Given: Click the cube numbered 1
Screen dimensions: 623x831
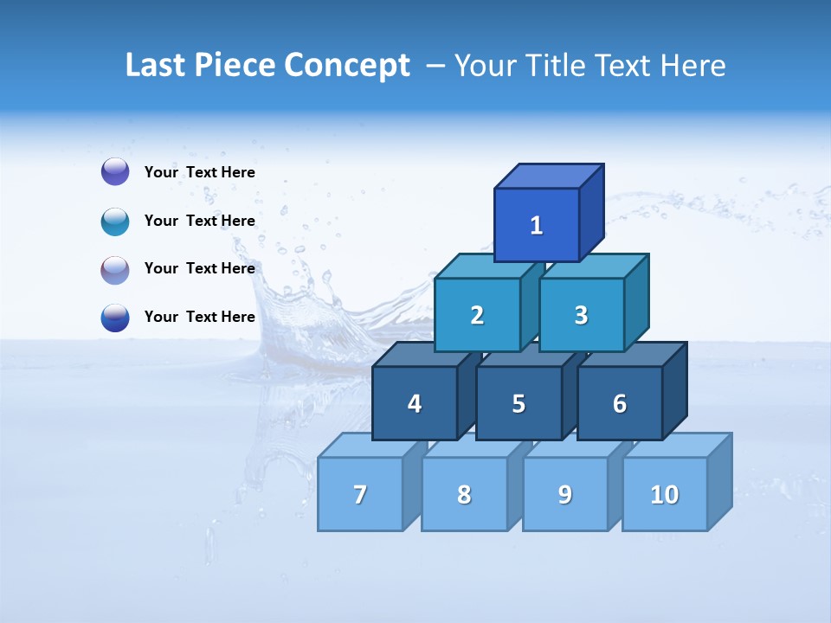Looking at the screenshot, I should click(x=537, y=225).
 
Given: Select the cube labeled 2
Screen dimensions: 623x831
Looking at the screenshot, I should click(x=477, y=315).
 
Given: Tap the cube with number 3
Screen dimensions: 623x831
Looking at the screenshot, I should click(x=581, y=315).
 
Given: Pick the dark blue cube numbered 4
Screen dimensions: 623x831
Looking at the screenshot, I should click(x=415, y=403).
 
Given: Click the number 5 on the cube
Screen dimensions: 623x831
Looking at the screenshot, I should click(x=519, y=404).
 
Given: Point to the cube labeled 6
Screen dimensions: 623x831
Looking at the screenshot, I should click(x=620, y=403).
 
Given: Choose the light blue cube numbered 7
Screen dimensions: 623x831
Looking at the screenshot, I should click(x=360, y=494).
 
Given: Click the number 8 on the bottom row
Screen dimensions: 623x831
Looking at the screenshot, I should click(x=464, y=495).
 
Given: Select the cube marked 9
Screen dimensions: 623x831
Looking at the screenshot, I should click(x=564, y=494).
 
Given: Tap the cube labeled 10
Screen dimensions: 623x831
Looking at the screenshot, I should click(x=665, y=494).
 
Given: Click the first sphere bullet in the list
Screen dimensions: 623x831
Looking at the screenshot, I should click(x=115, y=172).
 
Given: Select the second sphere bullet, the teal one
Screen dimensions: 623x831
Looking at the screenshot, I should click(x=115, y=221).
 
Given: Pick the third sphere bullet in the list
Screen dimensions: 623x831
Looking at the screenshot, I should click(x=115, y=269).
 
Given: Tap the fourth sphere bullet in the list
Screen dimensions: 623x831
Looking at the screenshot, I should click(x=115, y=317).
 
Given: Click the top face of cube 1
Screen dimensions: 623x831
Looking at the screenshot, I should click(x=549, y=176).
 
